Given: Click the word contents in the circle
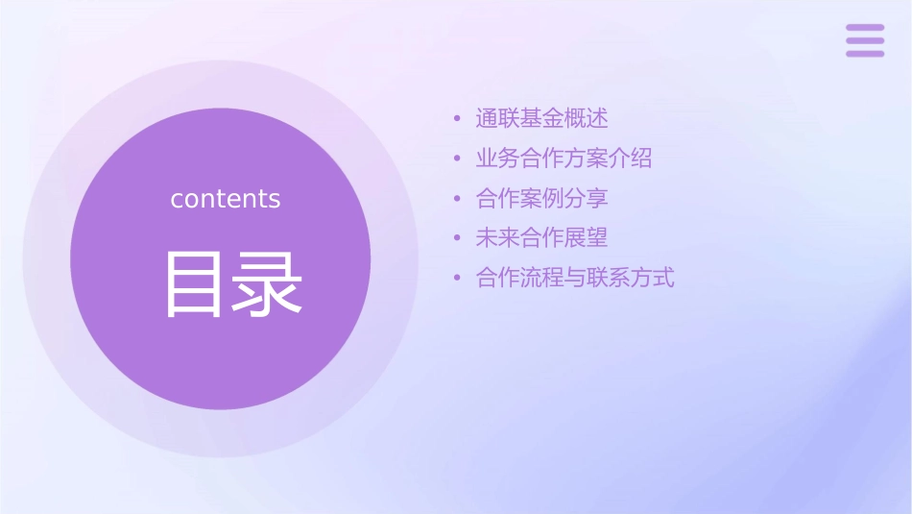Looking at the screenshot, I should (226, 199).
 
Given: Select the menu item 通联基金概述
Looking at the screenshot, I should (541, 118).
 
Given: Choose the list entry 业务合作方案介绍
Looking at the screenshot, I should (564, 159).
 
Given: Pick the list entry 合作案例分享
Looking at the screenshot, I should (541, 198).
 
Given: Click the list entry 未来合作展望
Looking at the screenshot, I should (541, 237).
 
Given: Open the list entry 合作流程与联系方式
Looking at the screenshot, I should (575, 278).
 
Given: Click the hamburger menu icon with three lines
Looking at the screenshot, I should (865, 40).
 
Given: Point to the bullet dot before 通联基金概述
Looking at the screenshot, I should (458, 119).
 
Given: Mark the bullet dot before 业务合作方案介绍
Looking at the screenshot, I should (458, 159).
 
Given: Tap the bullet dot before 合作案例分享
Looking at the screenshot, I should (458, 199).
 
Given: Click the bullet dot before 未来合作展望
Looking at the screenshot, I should (458, 238).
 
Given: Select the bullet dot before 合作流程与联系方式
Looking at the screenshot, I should (458, 279).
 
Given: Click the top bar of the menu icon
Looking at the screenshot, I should (865, 28).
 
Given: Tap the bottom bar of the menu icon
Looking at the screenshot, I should (865, 53).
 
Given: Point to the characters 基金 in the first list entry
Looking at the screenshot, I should (541, 118).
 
